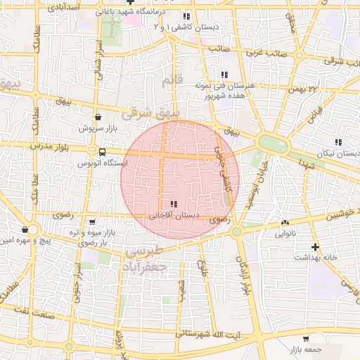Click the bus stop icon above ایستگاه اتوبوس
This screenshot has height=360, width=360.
(103, 151)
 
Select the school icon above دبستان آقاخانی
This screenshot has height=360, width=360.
(174, 204)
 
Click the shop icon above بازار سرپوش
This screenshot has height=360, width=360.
(96, 117)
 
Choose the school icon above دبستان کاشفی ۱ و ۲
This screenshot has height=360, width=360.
(186, 16)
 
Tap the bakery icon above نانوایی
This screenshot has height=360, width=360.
(285, 220)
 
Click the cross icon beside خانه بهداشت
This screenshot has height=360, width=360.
(316, 247)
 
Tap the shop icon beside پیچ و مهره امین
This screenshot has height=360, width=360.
(25, 229)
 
